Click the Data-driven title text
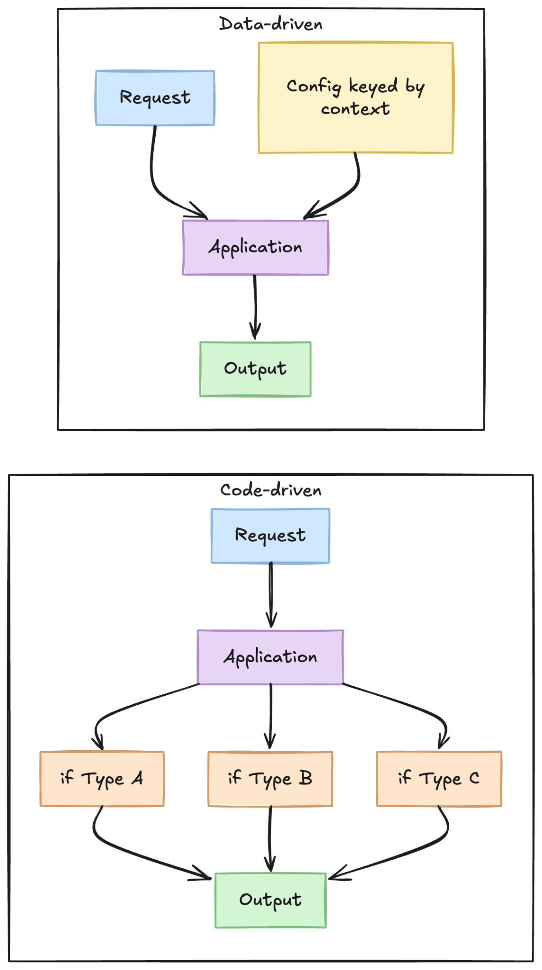click(270, 24)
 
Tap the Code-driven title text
click(270, 490)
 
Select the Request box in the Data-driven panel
click(155, 98)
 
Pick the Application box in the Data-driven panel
click(255, 247)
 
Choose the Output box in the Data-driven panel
click(255, 369)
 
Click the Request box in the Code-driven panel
click(270, 536)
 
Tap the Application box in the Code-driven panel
click(270, 657)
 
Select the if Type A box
click(102, 779)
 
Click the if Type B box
click(270, 779)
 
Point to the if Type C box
click(439, 779)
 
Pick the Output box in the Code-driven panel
click(270, 900)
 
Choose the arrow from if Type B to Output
click(270, 838)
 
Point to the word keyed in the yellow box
click(373, 87)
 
